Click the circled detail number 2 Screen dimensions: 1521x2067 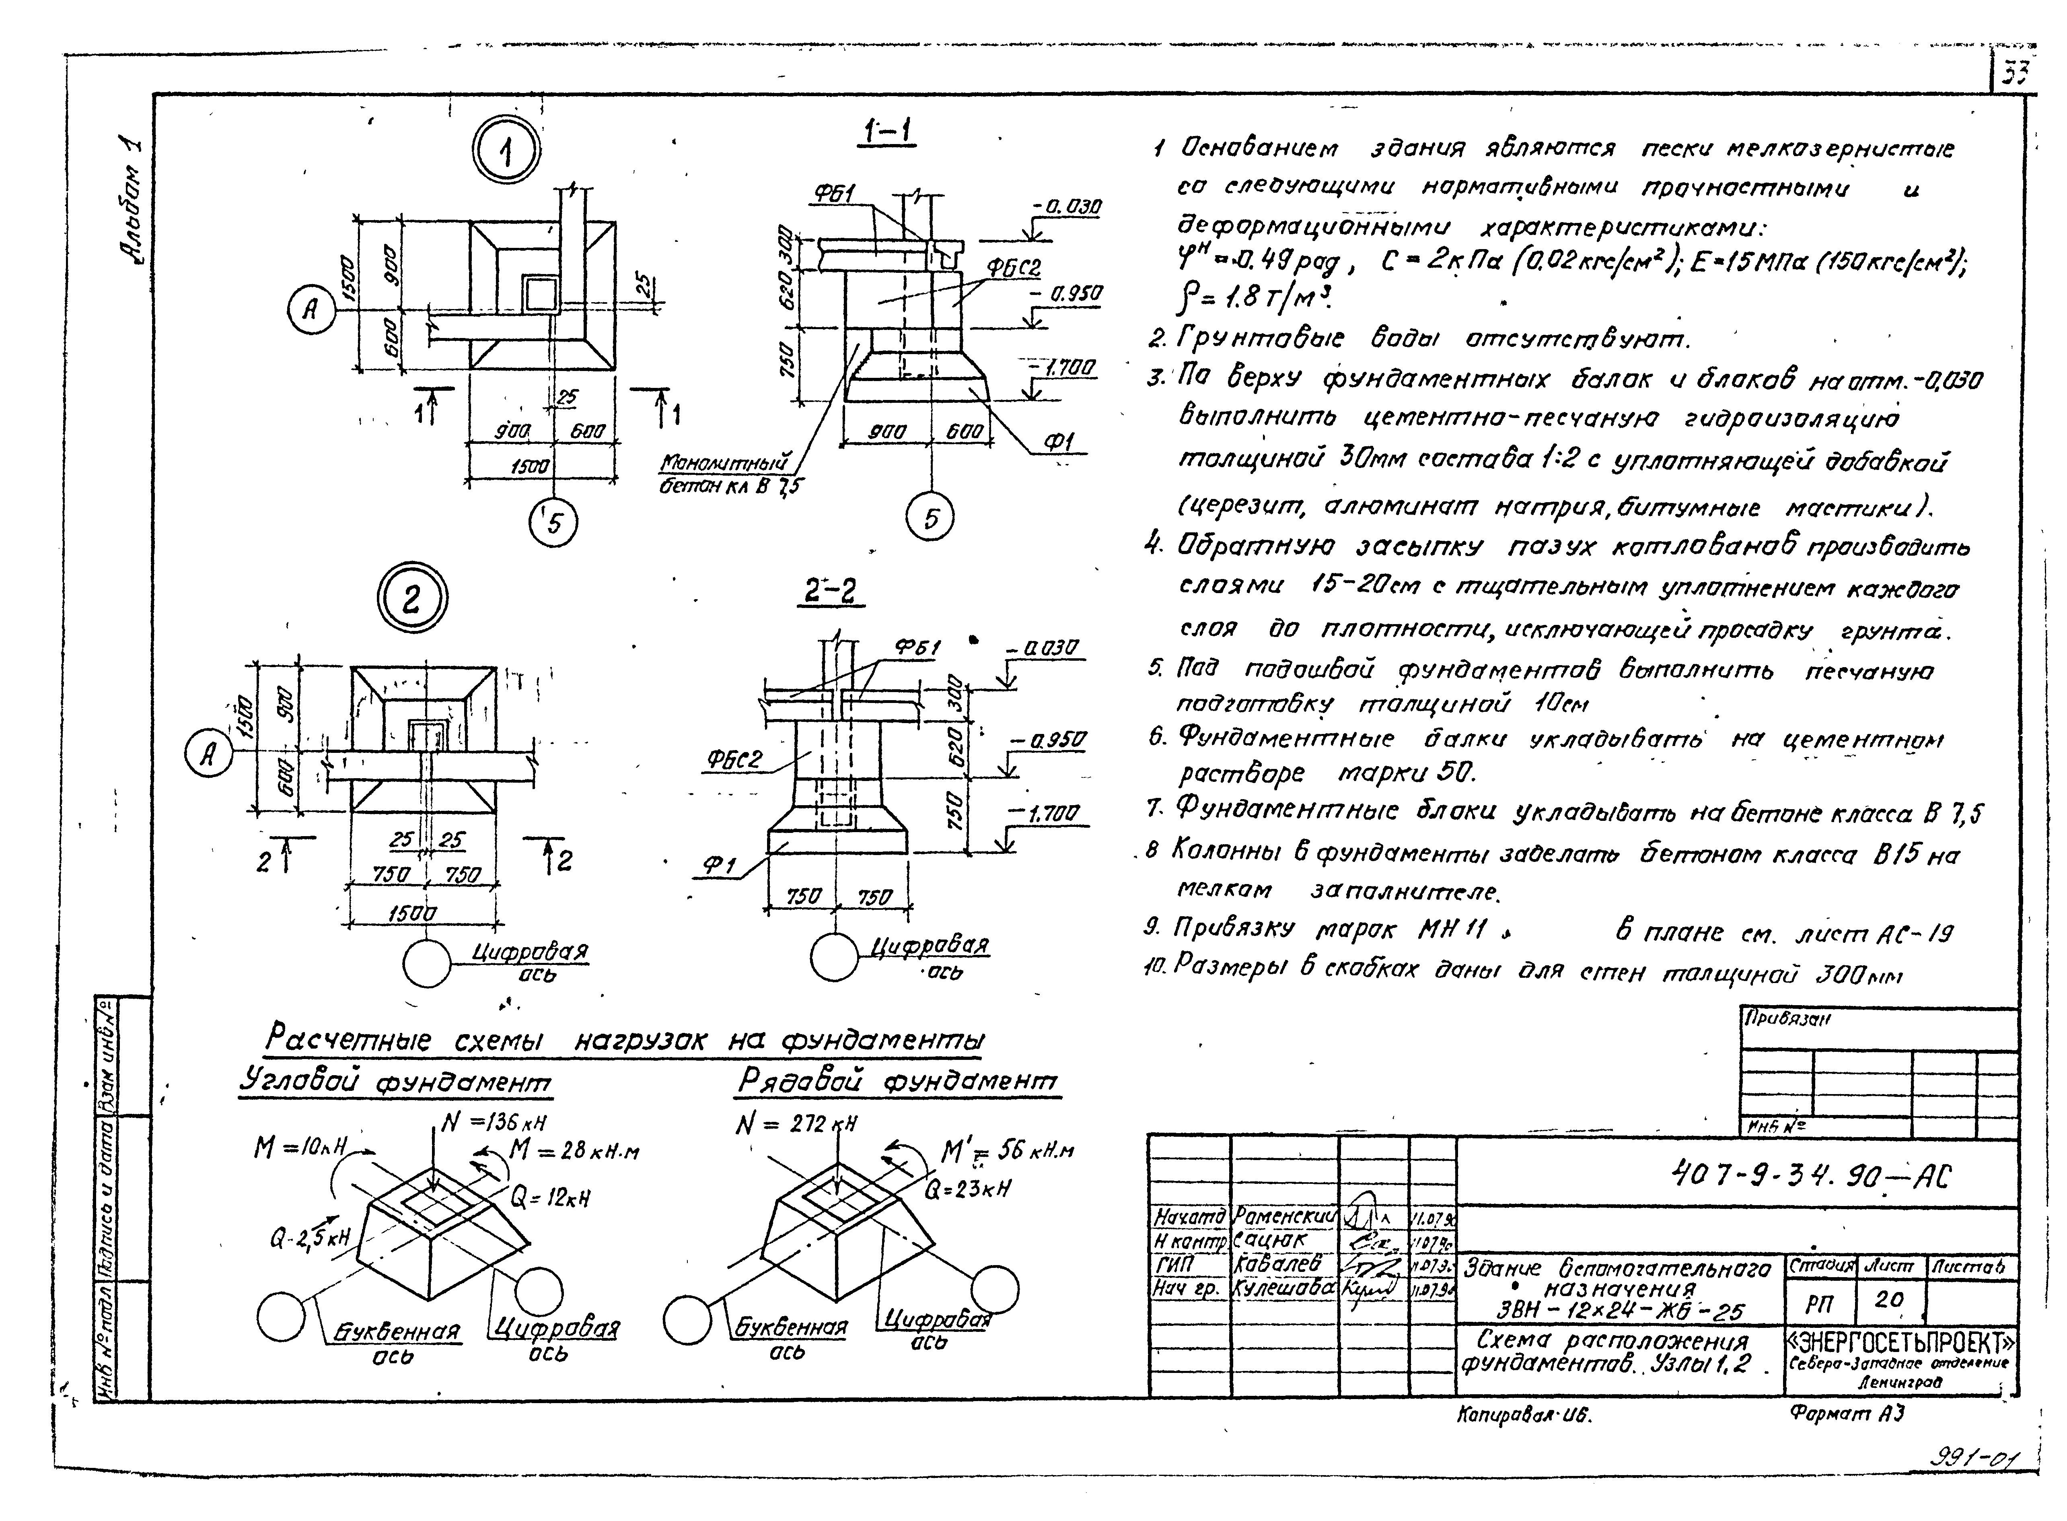coord(411,600)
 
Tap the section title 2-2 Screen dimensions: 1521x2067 coord(830,590)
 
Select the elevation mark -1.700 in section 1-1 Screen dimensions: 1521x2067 coord(1067,368)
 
